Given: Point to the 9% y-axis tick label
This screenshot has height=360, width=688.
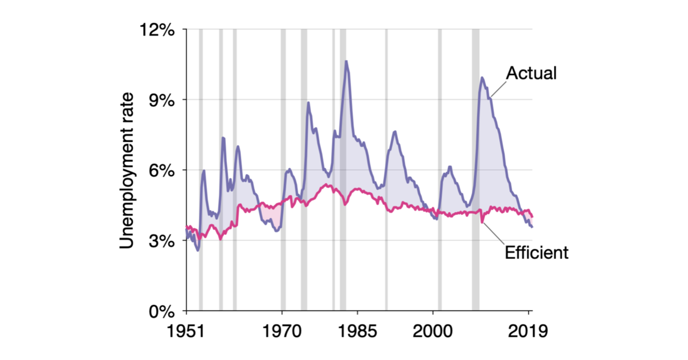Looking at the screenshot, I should [x=161, y=100].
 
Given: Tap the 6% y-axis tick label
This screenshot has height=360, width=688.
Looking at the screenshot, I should [x=161, y=170].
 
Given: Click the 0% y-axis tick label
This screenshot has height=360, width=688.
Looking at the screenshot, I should [x=161, y=311].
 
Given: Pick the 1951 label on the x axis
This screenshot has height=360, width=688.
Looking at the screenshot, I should [x=186, y=330].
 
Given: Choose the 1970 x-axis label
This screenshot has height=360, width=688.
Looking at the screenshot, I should [x=282, y=330].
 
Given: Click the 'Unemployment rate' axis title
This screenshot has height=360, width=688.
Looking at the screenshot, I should [x=126, y=170].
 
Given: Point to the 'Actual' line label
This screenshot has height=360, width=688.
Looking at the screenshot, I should [x=532, y=74].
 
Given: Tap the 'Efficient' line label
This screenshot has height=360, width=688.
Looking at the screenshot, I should [x=536, y=252].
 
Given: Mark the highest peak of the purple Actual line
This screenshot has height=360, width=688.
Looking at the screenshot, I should [x=346, y=61].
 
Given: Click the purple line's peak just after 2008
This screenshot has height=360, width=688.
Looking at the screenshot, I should [x=482, y=78].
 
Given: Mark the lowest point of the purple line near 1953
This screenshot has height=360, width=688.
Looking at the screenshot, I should [x=198, y=250].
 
